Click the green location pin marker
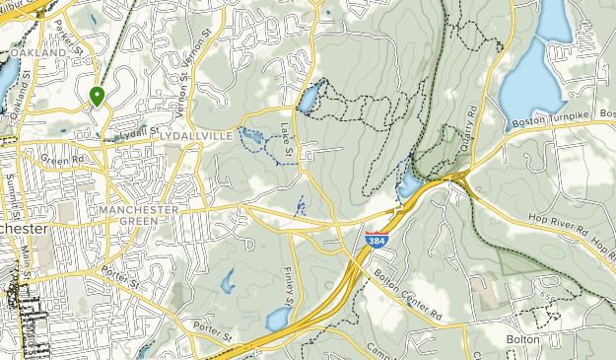(x=97, y=96)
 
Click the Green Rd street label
(x=62, y=158)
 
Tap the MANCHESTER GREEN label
(x=138, y=216)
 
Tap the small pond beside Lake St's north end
(x=308, y=99)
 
